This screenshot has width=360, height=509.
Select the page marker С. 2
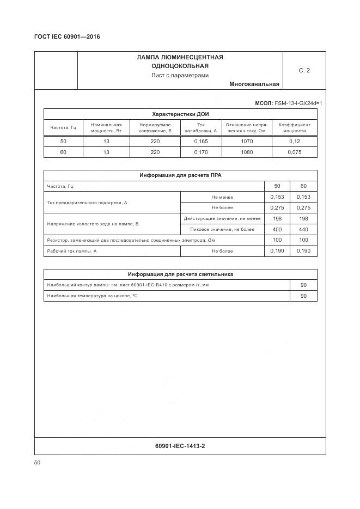(x=304, y=70)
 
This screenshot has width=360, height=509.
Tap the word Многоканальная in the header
(x=254, y=84)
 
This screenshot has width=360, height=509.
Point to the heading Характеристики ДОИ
(x=180, y=114)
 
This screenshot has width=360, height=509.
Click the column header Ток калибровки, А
(x=200, y=127)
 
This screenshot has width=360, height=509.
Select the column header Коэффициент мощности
(x=295, y=127)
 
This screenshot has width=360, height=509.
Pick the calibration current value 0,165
(x=200, y=141)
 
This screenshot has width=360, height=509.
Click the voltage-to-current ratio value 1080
(x=247, y=152)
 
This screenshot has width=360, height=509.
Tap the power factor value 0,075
(x=295, y=152)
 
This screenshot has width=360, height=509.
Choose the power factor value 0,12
(x=295, y=141)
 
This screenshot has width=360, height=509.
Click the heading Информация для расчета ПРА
(x=180, y=175)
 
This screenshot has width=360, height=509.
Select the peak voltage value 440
(x=303, y=229)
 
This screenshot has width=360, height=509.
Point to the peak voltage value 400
(x=277, y=229)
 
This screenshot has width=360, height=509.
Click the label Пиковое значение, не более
(x=222, y=229)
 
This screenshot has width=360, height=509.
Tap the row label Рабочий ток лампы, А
(x=72, y=251)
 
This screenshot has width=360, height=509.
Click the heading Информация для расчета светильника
(x=180, y=274)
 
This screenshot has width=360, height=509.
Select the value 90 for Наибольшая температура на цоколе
(x=303, y=296)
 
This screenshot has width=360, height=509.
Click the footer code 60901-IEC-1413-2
(x=180, y=446)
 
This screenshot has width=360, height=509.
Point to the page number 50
(x=37, y=463)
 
